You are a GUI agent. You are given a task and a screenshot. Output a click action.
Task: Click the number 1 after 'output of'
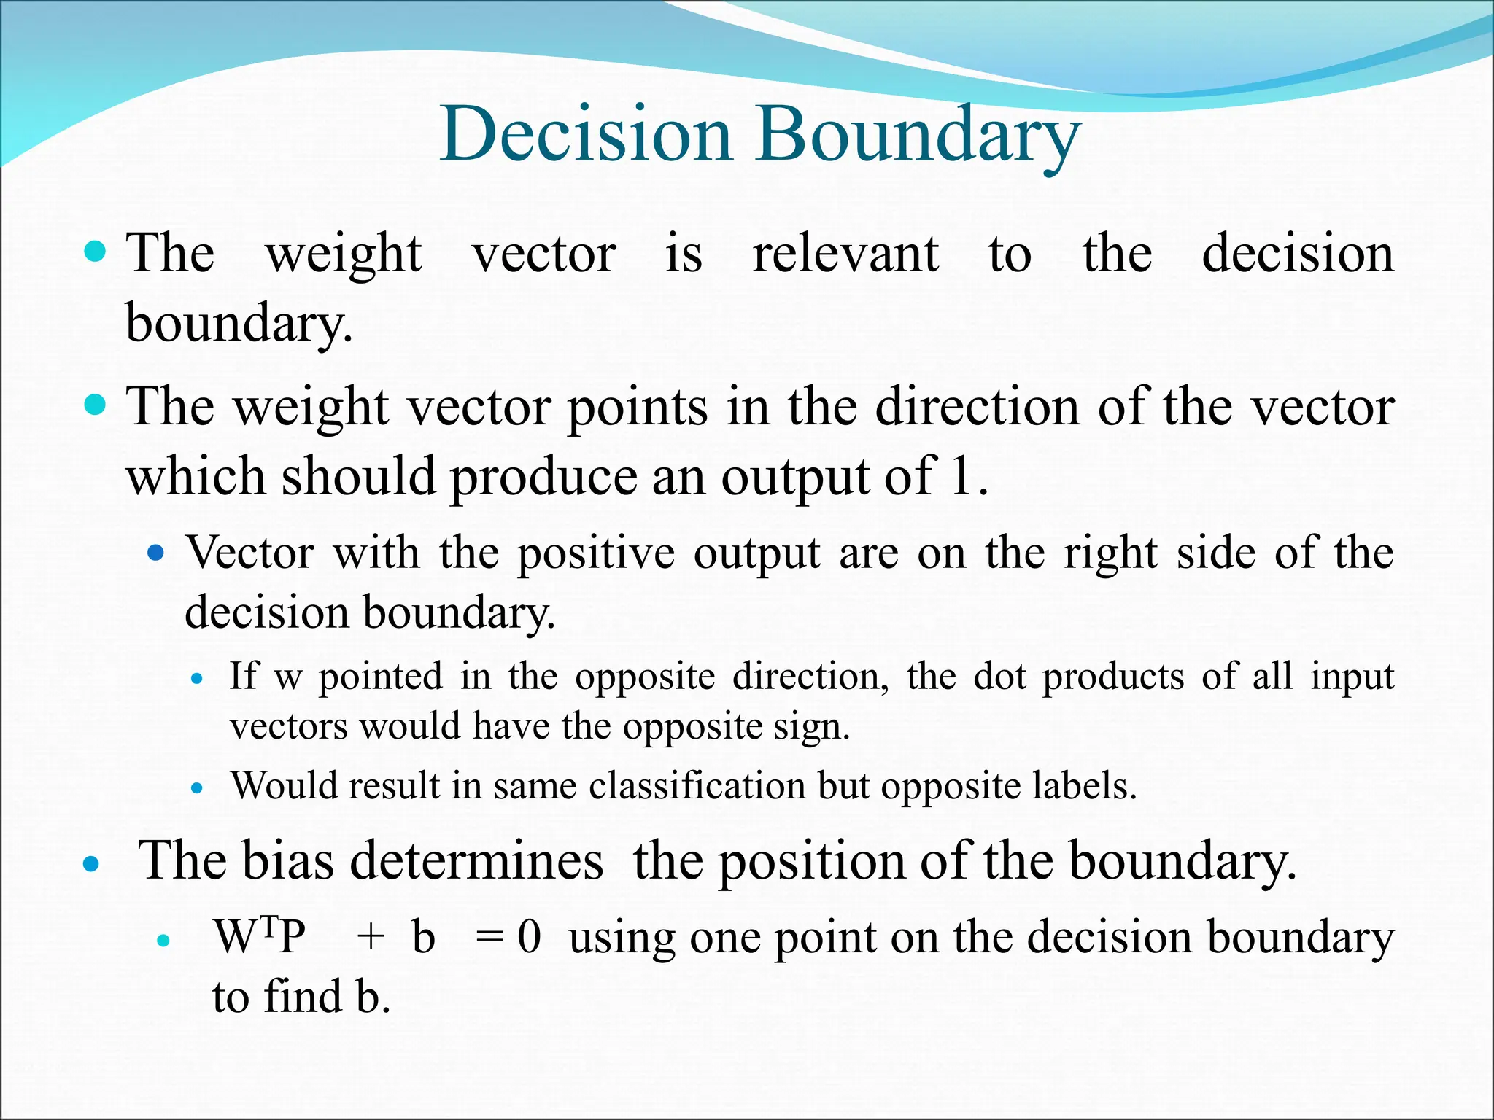[961, 476]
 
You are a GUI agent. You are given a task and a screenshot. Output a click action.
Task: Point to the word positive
[596, 553]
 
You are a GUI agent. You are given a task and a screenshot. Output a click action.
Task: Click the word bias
[287, 860]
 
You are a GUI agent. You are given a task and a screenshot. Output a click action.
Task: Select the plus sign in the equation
[371, 937]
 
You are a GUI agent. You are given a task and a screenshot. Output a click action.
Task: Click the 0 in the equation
[529, 937]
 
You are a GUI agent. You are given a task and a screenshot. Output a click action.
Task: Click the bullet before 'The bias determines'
[91, 865]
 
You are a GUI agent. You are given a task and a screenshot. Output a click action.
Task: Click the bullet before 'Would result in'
[196, 788]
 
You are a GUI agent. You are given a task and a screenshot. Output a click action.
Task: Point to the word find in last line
[302, 997]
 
